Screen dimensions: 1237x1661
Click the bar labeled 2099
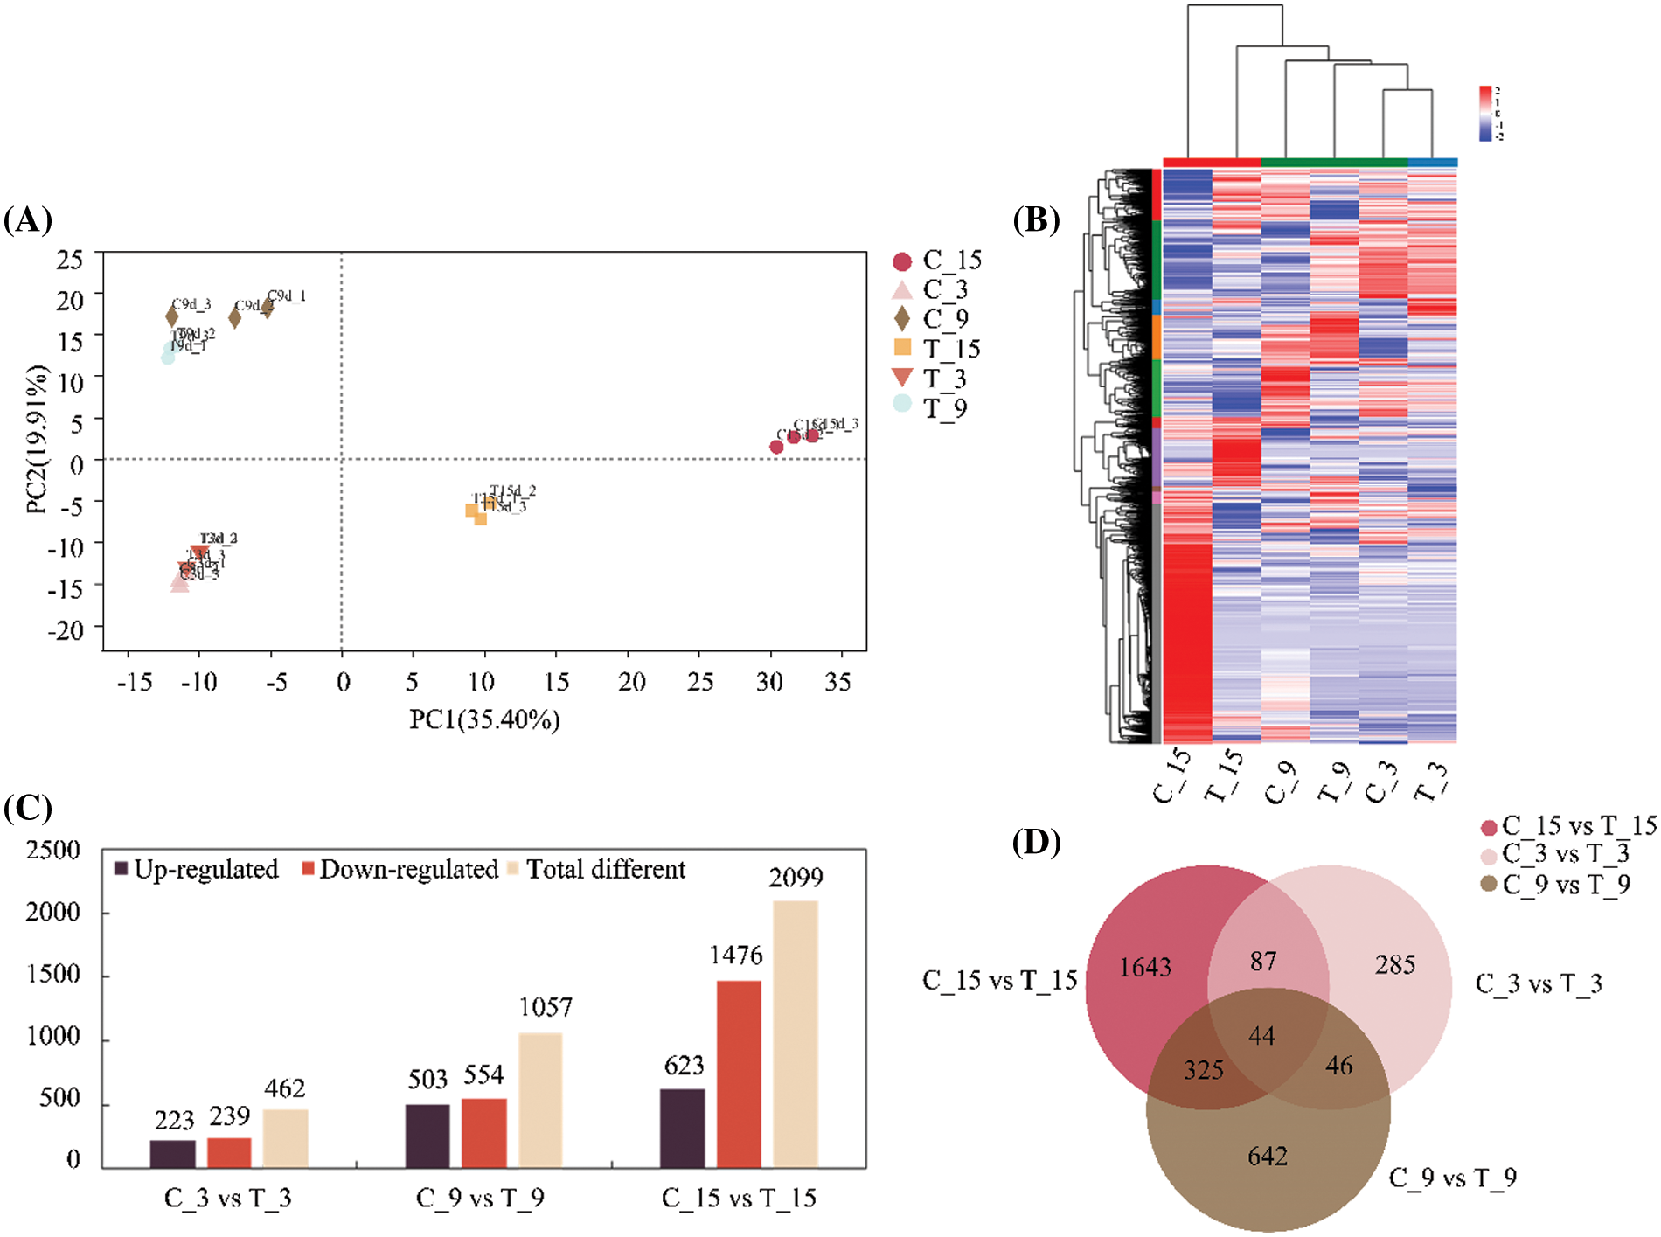click(795, 1033)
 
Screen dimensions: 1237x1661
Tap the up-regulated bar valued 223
click(173, 1153)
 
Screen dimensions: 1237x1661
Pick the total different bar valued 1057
click(540, 1100)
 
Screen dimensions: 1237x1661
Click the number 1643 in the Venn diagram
click(1145, 968)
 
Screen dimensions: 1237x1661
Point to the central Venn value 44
click(1261, 1036)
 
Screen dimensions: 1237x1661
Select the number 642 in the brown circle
click(1268, 1157)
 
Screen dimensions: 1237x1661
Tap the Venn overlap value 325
click(1204, 1070)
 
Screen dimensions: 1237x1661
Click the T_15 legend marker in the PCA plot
click(903, 348)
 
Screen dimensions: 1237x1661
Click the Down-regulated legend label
click(408, 870)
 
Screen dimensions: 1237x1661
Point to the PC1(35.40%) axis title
click(484, 719)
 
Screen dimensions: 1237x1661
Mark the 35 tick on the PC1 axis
click(837, 681)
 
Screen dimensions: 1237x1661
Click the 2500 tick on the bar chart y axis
click(53, 851)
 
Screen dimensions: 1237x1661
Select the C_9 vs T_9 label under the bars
click(480, 1198)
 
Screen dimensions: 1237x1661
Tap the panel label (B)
click(1036, 219)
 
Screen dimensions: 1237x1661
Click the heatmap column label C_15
click(1172, 775)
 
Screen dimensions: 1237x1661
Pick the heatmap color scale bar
click(1484, 114)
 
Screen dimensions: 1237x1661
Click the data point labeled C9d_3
click(172, 317)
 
